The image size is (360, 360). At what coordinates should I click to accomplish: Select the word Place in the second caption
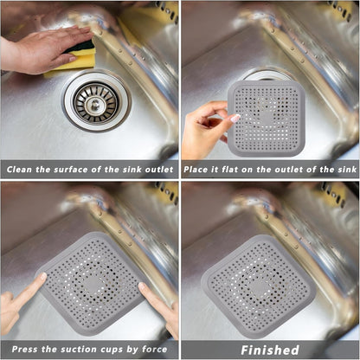coord(202,170)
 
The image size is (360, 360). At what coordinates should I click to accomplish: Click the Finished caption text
coord(269,350)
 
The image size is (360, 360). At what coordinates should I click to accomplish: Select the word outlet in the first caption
coord(153,170)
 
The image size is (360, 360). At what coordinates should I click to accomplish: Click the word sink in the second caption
coord(344,170)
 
